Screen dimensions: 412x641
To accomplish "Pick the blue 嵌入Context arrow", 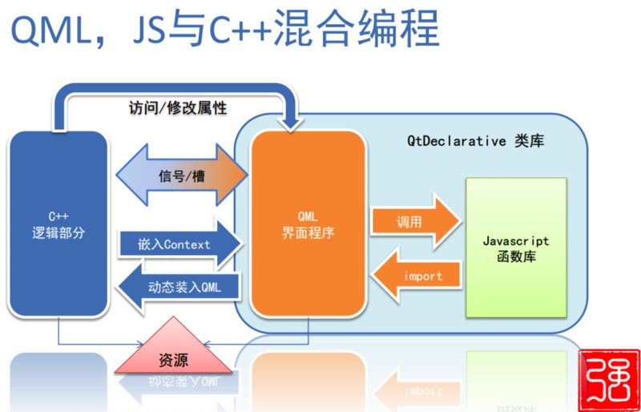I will (179, 244).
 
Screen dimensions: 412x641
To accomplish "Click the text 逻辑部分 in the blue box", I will (58, 232).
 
